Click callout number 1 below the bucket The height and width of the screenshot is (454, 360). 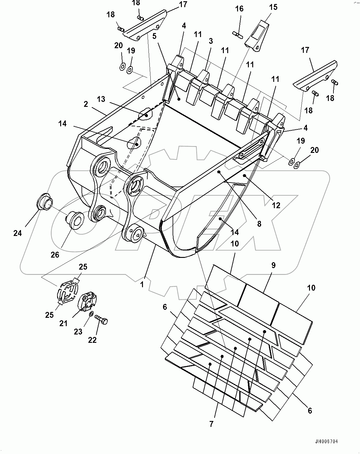pos(142,284)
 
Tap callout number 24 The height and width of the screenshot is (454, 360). pos(18,233)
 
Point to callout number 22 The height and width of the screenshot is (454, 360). pos(92,340)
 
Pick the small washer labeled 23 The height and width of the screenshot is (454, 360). pos(91,314)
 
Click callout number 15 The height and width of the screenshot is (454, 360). pos(273,7)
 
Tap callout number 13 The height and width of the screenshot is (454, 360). pos(101,99)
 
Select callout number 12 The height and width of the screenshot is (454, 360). pos(276,205)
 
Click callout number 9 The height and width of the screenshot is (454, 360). pos(273,265)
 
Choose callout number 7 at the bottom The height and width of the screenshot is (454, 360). pos(211,424)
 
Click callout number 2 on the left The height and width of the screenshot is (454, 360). pos(86,104)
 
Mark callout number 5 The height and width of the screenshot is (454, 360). pos(154,36)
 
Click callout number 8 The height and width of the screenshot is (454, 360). pos(259,224)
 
